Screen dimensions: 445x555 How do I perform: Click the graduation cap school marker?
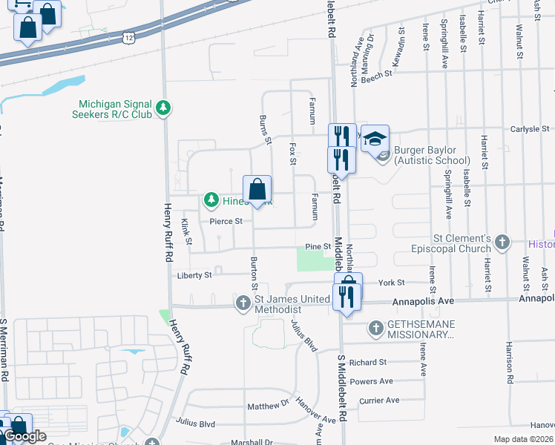375,139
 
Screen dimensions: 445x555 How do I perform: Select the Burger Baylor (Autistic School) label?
432,154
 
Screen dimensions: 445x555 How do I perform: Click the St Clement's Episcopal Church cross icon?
503,243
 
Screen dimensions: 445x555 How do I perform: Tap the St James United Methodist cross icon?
243,303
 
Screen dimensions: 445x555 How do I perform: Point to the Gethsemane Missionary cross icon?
375,327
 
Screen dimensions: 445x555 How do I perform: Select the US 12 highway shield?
129,36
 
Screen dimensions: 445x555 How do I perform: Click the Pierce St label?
226,221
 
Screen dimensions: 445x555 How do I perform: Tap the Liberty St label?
194,275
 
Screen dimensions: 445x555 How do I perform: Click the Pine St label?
317,246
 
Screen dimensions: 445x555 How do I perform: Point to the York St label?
391,283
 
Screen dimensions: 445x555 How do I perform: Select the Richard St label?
369,363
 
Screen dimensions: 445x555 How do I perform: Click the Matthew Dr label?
268,406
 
